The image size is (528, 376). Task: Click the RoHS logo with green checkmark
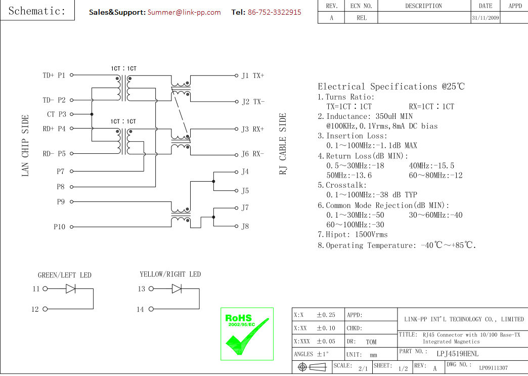[x=247, y=333]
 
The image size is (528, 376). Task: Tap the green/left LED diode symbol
[x=71, y=289]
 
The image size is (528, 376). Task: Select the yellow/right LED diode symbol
[x=177, y=289]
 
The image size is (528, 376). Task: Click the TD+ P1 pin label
[x=54, y=75]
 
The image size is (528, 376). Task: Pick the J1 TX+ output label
[x=252, y=75]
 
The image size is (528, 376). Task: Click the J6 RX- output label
[x=252, y=154]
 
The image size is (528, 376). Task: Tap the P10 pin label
[x=59, y=227]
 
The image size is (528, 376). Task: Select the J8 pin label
[x=245, y=226]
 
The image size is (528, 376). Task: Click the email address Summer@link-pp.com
[x=184, y=12]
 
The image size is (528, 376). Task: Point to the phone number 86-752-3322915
[x=274, y=12]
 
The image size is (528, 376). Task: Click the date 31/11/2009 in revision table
[x=485, y=18]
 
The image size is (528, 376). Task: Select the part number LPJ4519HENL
[x=457, y=353]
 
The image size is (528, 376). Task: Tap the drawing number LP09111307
[x=493, y=368]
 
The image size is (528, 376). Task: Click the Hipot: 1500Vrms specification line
[x=353, y=235]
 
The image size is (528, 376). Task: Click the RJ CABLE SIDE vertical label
[x=283, y=144]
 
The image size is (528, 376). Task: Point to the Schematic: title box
[x=37, y=11]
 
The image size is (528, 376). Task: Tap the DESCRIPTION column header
[x=423, y=6]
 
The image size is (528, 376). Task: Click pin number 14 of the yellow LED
[x=140, y=309]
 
